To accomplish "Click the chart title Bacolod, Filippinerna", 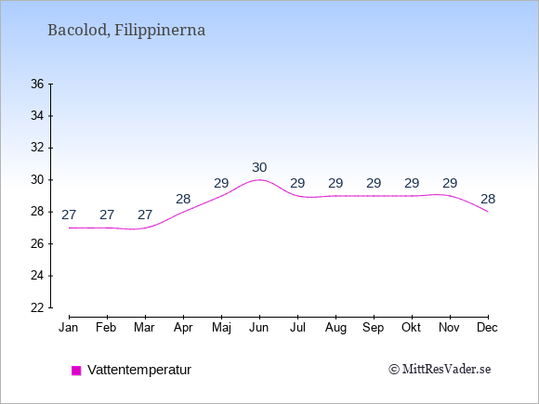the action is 126,31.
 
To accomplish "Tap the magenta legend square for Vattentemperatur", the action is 76,371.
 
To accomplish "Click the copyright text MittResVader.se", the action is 440,370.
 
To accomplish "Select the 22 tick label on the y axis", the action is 37,307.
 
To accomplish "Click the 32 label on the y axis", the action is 37,148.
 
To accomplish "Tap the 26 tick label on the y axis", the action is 37,244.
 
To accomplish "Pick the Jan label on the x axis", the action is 69,328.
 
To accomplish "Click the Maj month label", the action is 221,328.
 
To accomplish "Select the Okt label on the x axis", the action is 412,328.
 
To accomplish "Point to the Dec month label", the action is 488,328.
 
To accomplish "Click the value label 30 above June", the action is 259,168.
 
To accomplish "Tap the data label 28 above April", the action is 183,199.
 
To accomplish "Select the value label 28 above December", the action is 488,199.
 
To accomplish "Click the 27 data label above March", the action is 145,215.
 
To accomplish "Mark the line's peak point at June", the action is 259,179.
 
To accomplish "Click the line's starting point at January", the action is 69,228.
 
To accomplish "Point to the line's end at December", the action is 488,212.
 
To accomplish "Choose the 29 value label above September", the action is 374,184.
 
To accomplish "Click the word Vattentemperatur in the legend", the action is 139,370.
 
